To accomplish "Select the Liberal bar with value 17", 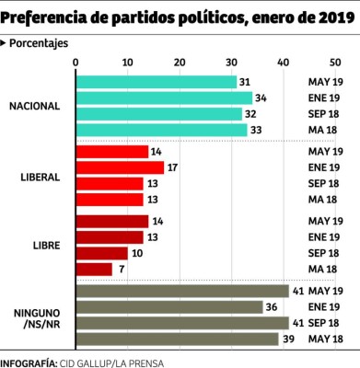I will [119, 167].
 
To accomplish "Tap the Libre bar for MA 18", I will [93, 270].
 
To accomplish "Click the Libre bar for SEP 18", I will [101, 253].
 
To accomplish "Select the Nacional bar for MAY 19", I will [156, 82].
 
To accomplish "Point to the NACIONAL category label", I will [34, 106].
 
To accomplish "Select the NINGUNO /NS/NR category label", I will [38, 315].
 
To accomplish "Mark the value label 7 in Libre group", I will [120, 270].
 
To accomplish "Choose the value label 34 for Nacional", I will [261, 98].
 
